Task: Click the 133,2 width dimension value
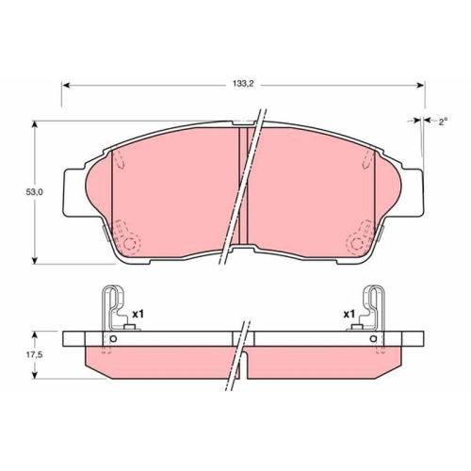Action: [243, 84]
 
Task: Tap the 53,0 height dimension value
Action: [34, 192]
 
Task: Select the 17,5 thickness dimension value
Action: [34, 355]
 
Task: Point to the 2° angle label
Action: [443, 122]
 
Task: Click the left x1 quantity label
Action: [138, 314]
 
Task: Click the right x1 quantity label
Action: [349, 314]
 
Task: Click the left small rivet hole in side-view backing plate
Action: [114, 339]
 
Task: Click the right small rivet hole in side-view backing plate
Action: [373, 339]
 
